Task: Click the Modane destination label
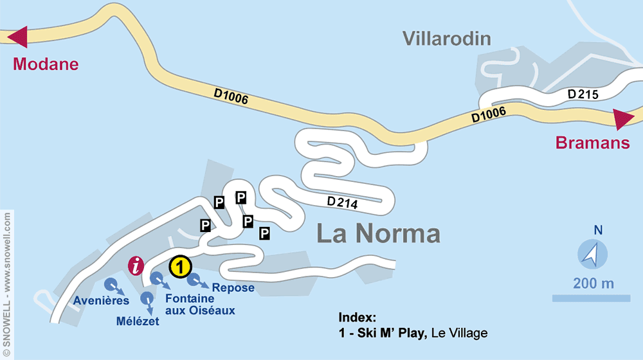click(46, 64)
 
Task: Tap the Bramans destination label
click(593, 143)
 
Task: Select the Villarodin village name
click(447, 39)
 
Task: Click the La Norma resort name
click(378, 234)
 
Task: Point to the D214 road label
click(342, 203)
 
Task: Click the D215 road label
click(583, 94)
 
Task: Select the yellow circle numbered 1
click(181, 265)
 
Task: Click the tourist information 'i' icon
click(136, 265)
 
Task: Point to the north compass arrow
click(591, 253)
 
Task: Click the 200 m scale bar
click(591, 298)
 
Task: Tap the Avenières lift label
click(101, 300)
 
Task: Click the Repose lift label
click(233, 287)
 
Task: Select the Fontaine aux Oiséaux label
click(199, 304)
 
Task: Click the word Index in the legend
click(357, 318)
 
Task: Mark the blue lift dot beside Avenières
click(110, 284)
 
